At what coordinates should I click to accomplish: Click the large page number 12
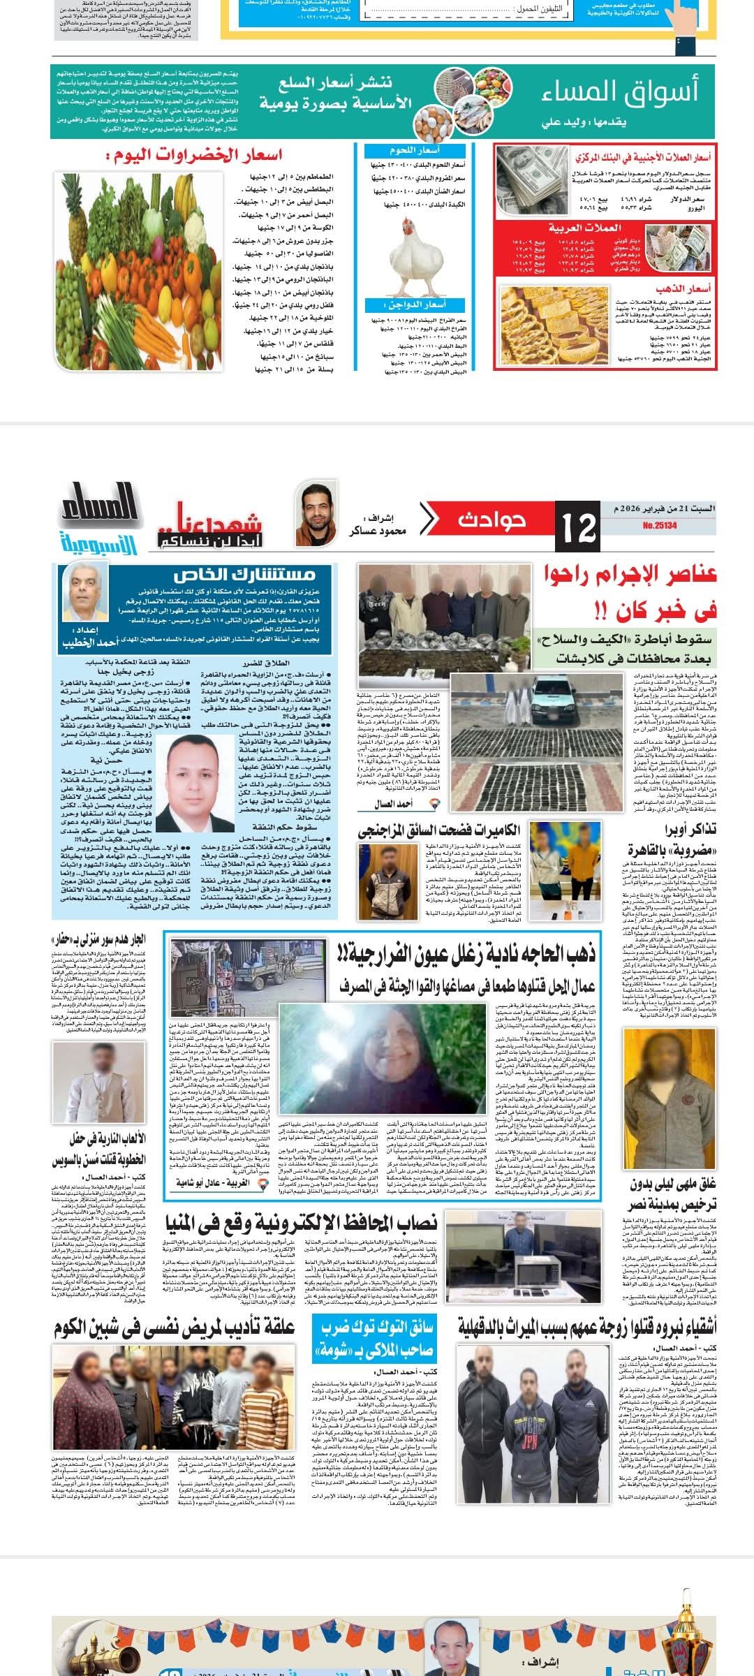pos(578,529)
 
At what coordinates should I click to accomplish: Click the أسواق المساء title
pos(620,92)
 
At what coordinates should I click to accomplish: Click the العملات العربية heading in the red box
pos(584,228)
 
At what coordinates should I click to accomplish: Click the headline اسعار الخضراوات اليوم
pos(193,156)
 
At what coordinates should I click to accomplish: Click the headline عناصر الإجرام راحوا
pos(630,576)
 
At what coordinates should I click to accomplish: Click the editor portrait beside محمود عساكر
pos(312,513)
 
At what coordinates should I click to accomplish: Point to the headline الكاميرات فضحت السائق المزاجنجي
pos(439,830)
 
